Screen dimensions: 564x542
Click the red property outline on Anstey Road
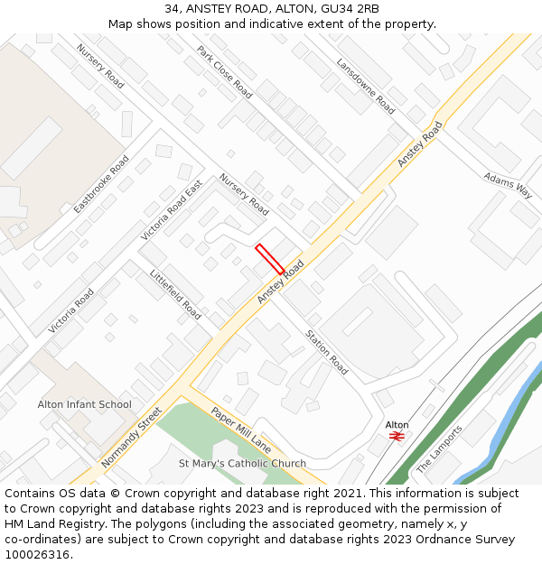[x=270, y=259]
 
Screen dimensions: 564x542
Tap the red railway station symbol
[x=397, y=436]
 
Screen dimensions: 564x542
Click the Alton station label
[x=397, y=424]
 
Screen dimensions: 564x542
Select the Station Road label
[x=326, y=352]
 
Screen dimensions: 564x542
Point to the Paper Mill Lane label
[x=241, y=430]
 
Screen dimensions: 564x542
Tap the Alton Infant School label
[x=84, y=404]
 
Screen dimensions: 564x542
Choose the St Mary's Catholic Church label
[x=242, y=464]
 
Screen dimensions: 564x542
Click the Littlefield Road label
[x=175, y=295]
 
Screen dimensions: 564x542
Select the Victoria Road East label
[x=172, y=209]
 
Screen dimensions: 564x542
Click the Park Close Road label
[x=224, y=72]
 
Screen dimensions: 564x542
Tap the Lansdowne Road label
[x=365, y=86]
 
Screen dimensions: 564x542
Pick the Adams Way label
[x=508, y=185]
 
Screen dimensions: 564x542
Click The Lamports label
[x=439, y=449]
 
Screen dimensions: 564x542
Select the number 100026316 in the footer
[x=36, y=554]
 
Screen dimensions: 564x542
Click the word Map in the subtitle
[x=121, y=23]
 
